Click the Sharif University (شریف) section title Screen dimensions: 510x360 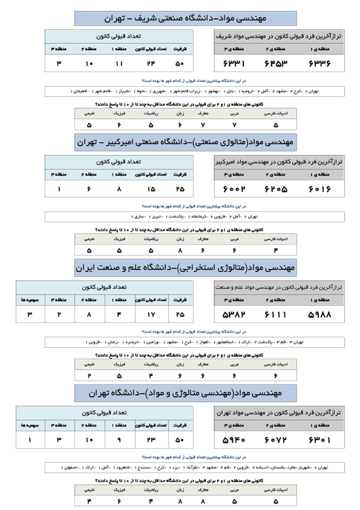point(186,18)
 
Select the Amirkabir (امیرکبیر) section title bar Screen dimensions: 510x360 point(186,140)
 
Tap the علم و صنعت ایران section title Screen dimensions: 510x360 point(186,268)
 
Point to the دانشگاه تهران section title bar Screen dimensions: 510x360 point(186,393)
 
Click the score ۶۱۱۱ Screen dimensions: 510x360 point(276,314)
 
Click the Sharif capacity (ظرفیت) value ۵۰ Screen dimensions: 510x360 point(179,64)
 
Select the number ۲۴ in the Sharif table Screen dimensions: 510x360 point(150,64)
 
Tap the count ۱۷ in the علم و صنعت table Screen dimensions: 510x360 point(150,314)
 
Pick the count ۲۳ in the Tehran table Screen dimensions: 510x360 point(150,440)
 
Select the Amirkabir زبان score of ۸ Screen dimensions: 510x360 point(180,251)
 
